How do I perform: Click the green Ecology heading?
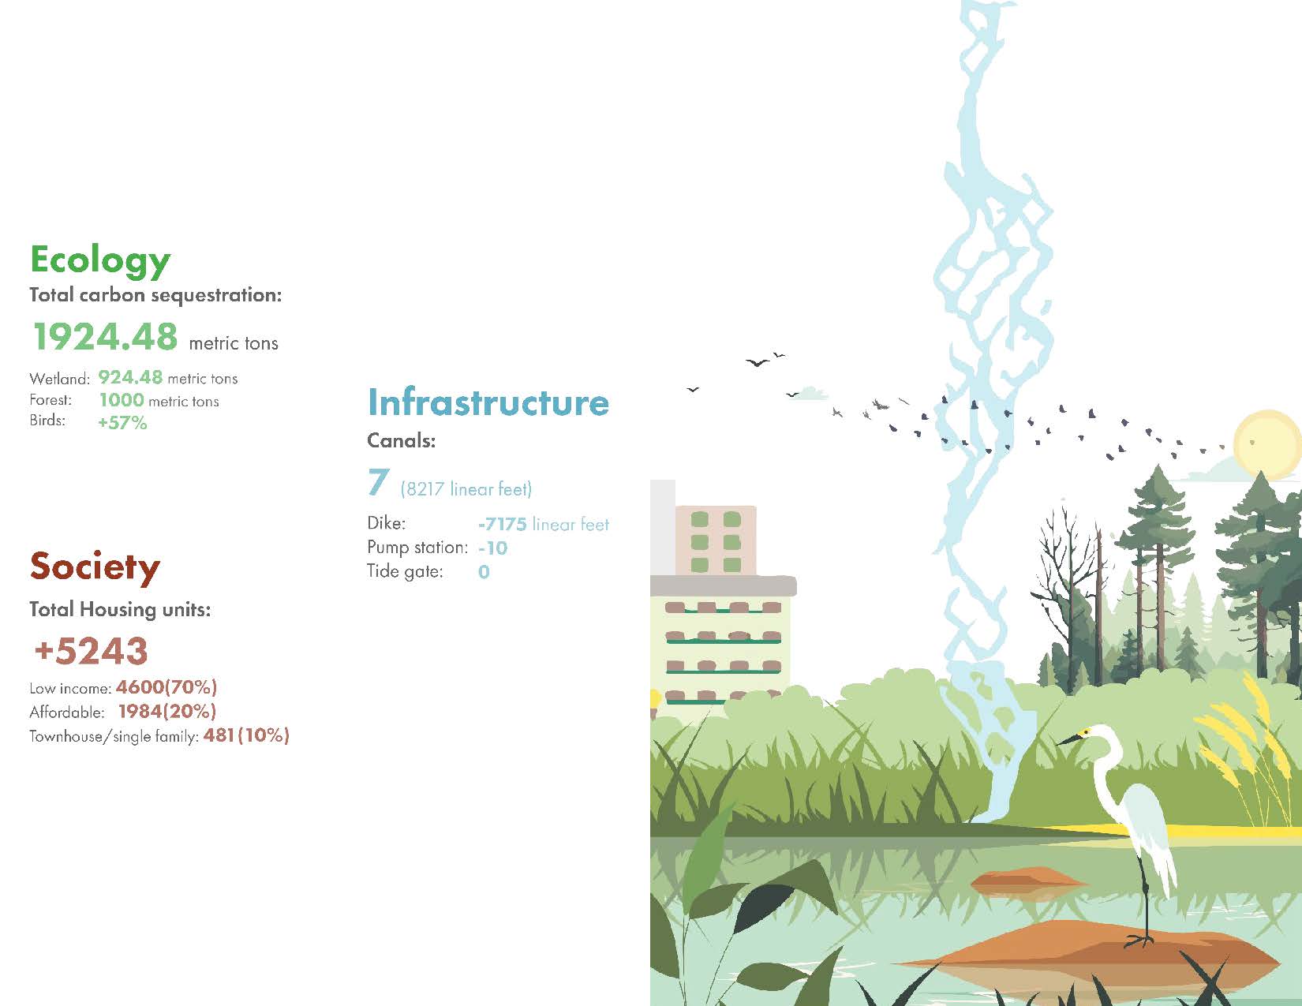(x=100, y=260)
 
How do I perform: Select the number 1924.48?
(x=106, y=336)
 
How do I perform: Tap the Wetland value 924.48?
(x=130, y=377)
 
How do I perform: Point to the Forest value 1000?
(x=122, y=400)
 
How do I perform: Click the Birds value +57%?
(x=122, y=422)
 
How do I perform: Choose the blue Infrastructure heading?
(x=488, y=402)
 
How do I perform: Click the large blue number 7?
(x=379, y=482)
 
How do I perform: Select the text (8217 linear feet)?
(x=466, y=489)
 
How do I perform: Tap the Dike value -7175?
(x=502, y=524)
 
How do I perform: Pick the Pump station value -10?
(x=493, y=548)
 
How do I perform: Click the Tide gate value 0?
(x=485, y=571)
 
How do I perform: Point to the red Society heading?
(x=95, y=567)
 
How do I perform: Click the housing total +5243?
(x=91, y=651)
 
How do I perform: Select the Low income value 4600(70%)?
(x=166, y=686)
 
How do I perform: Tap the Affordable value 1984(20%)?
(x=167, y=711)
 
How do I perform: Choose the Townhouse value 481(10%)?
(x=246, y=735)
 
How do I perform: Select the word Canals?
(x=401, y=440)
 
